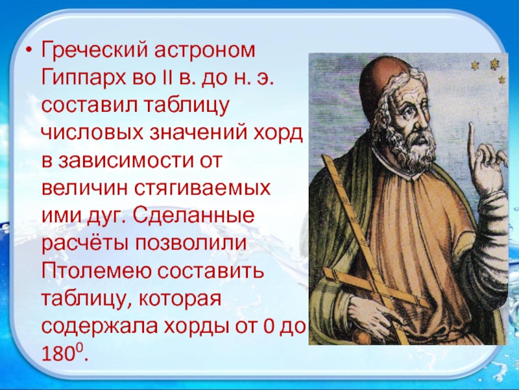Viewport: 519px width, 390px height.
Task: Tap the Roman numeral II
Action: point(165,78)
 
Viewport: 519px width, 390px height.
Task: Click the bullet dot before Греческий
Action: point(27,51)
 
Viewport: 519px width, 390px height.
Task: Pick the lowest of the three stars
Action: point(501,79)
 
